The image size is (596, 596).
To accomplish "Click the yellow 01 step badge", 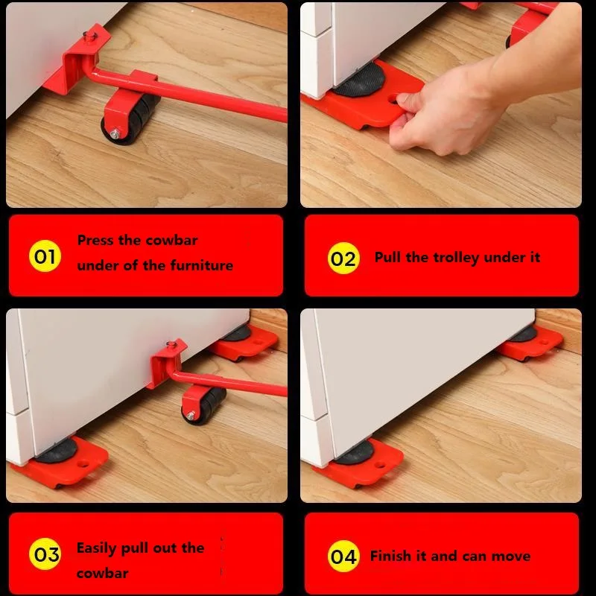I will point(45,257).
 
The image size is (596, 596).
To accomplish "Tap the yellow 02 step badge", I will point(343,259).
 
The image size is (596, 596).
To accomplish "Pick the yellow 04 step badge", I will point(343,557).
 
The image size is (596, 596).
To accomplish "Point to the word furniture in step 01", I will point(201,265).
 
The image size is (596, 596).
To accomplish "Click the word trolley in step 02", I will point(454,258).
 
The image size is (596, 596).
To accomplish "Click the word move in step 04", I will point(511,557).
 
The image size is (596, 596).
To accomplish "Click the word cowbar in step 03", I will point(102,573).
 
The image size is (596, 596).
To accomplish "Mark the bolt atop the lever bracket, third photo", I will point(173,344).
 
